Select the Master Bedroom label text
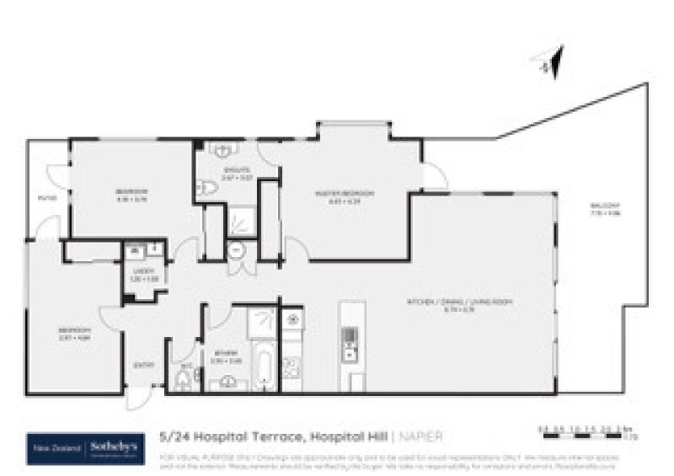(332, 196)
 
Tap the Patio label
(47, 198)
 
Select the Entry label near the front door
(144, 365)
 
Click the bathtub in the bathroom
(263, 367)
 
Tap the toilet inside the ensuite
(205, 189)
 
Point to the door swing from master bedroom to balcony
(433, 176)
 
